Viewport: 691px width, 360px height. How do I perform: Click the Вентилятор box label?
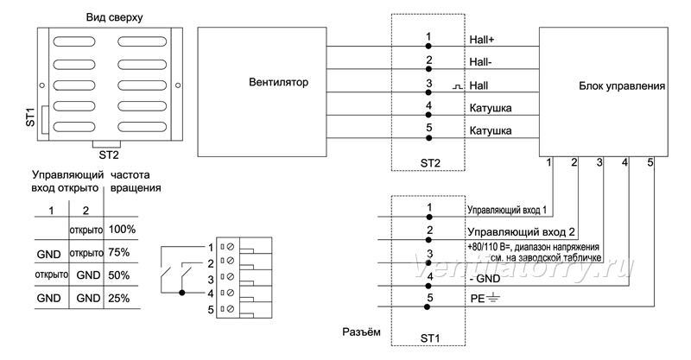(x=278, y=82)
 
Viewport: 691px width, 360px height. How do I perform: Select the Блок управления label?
(x=622, y=86)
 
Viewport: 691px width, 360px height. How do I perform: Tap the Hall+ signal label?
(x=482, y=40)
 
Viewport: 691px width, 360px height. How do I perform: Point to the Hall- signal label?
(x=480, y=62)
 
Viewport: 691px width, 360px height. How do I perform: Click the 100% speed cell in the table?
(x=122, y=229)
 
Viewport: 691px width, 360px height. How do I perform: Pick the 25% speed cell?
(x=119, y=299)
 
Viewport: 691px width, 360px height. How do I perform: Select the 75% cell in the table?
(x=119, y=252)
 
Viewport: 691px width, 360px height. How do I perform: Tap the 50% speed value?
(x=119, y=275)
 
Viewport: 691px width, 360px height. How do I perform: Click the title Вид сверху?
(x=114, y=17)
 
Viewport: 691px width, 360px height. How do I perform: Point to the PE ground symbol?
(x=493, y=299)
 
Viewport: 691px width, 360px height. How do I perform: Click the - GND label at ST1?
(x=485, y=279)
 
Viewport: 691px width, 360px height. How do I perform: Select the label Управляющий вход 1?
(x=507, y=210)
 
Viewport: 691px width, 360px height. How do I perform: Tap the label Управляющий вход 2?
(x=521, y=232)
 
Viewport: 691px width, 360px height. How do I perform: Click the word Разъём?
(x=361, y=332)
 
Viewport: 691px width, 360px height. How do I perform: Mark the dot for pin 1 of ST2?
(x=428, y=47)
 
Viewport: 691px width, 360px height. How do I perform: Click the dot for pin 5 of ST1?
(x=427, y=306)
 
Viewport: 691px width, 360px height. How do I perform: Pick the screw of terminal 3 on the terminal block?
(x=230, y=277)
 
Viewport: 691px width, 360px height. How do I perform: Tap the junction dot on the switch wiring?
(x=182, y=293)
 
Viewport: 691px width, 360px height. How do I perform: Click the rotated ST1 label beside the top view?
(x=30, y=117)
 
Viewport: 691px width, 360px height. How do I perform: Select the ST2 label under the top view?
(x=109, y=155)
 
